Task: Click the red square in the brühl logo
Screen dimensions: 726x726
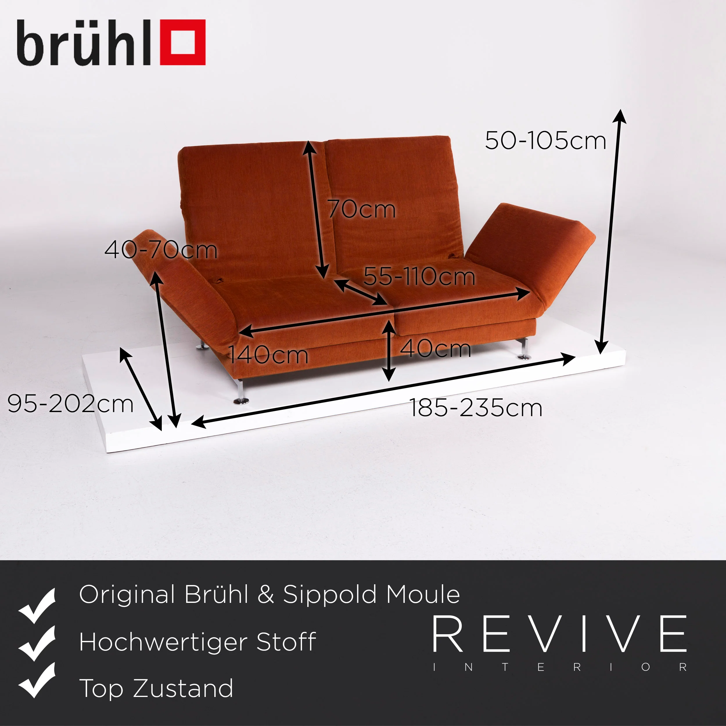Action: (x=183, y=42)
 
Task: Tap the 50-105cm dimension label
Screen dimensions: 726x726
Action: (x=545, y=141)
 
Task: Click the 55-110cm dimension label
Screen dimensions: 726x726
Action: (x=419, y=276)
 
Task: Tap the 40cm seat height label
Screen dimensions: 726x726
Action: (x=435, y=348)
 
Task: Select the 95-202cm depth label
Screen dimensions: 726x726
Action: (x=71, y=404)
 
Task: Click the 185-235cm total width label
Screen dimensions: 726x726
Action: (x=476, y=408)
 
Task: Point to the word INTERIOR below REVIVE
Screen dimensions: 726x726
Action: (x=560, y=667)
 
